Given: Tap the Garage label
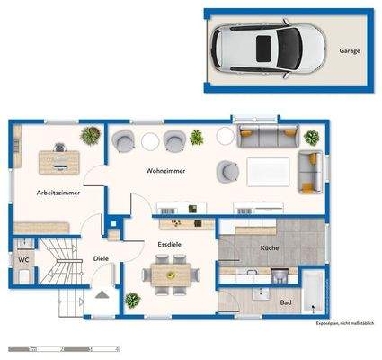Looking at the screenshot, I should click(x=350, y=51).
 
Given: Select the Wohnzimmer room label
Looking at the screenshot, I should click(x=165, y=171).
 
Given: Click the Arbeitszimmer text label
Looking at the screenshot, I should click(x=57, y=193).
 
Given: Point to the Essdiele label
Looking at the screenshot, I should click(x=171, y=243).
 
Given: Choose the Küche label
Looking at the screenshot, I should click(x=269, y=247).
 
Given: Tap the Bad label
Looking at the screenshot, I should click(x=285, y=302).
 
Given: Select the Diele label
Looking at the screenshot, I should click(x=102, y=259).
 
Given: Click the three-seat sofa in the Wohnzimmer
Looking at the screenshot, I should click(x=265, y=138).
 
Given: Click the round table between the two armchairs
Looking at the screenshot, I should click(x=150, y=141).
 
